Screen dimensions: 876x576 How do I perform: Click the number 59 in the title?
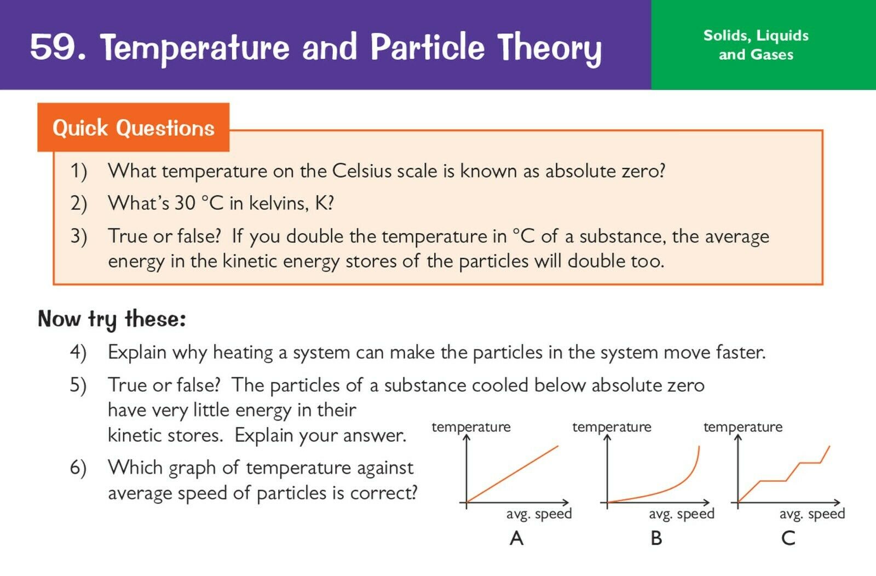tap(53, 47)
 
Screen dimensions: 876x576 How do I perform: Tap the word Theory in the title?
tap(550, 49)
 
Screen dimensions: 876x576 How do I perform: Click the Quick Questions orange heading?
tap(134, 128)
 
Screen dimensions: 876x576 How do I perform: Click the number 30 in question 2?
tap(185, 203)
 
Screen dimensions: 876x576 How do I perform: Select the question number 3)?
tap(79, 237)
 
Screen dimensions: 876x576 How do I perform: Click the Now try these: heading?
tap(112, 319)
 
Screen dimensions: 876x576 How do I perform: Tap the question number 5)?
tap(78, 385)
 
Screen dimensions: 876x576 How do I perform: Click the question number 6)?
tap(78, 468)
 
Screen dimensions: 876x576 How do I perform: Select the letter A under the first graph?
tap(517, 538)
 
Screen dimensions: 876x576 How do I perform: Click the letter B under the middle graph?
tap(656, 538)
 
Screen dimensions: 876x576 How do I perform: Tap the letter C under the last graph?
tap(788, 538)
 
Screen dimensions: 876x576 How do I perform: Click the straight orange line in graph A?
tap(512, 474)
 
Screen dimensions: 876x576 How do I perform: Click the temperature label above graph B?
tap(612, 427)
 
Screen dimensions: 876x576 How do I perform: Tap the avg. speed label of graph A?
tap(539, 514)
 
